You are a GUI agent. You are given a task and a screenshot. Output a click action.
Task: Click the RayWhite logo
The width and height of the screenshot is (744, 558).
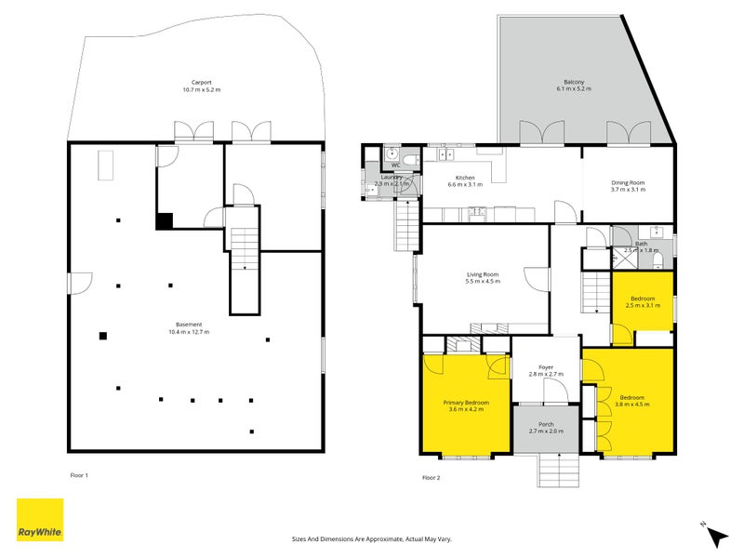pyautogui.click(x=40, y=520)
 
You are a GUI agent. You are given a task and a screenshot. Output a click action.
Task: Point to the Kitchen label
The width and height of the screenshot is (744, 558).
pyautogui.click(x=465, y=180)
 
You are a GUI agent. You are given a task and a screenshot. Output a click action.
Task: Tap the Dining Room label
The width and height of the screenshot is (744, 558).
pyautogui.click(x=628, y=185)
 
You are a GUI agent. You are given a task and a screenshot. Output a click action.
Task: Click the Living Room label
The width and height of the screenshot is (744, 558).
pyautogui.click(x=483, y=277)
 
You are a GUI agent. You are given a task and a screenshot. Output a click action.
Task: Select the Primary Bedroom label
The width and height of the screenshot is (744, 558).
pyautogui.click(x=466, y=405)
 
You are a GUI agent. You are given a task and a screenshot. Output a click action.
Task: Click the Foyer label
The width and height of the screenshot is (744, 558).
pyautogui.click(x=547, y=370)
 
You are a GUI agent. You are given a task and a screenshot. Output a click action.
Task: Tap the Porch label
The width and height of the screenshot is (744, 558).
pyautogui.click(x=547, y=428)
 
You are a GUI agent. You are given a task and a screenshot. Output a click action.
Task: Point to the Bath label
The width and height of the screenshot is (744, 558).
pyautogui.click(x=641, y=246)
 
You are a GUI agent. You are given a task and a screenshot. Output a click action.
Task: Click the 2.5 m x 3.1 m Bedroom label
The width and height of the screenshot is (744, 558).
pyautogui.click(x=642, y=301)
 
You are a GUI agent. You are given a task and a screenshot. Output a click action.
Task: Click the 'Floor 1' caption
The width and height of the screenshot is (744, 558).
pyautogui.click(x=79, y=475)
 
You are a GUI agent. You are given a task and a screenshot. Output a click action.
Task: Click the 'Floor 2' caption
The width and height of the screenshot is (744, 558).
pyautogui.click(x=432, y=477)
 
